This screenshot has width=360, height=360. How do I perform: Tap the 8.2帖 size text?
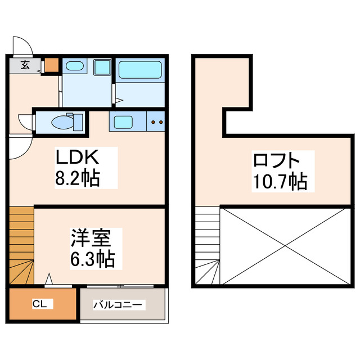pyautogui.click(x=78, y=179)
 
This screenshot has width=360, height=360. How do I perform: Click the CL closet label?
pyautogui.click(x=39, y=304)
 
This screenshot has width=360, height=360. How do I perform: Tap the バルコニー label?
pyautogui.click(x=119, y=305)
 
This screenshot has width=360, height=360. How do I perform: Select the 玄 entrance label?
pyautogui.click(x=25, y=65)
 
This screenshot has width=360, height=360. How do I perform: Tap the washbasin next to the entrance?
pyautogui.click(x=74, y=67)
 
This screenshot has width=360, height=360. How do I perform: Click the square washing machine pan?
pyautogui.click(x=103, y=68)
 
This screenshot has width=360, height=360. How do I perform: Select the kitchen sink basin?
pyautogui.click(x=122, y=120)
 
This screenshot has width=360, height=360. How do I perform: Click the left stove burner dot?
pyautogui.click(x=154, y=121)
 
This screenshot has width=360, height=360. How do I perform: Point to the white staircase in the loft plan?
pyautogui.click(x=208, y=246)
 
